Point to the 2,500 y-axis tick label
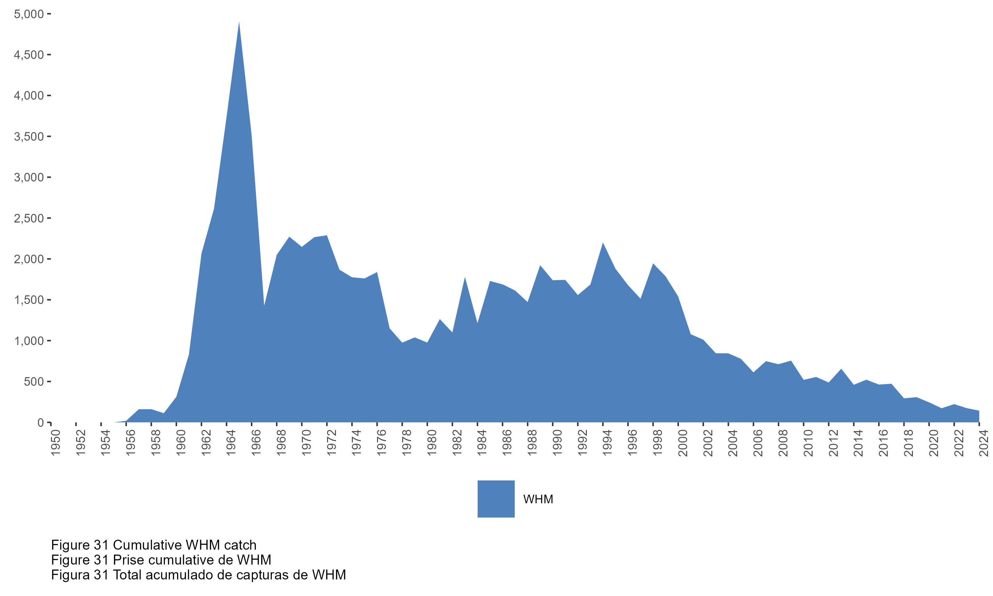point(28,219)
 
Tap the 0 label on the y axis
point(40,422)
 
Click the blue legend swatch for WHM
point(496,499)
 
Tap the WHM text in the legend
point(538,499)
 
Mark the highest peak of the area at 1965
point(239,23)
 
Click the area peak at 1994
point(603,243)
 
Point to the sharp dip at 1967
point(264,305)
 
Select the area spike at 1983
point(465,278)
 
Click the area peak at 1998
point(653,264)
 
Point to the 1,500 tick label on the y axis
point(28,300)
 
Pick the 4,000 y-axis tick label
point(28,96)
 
